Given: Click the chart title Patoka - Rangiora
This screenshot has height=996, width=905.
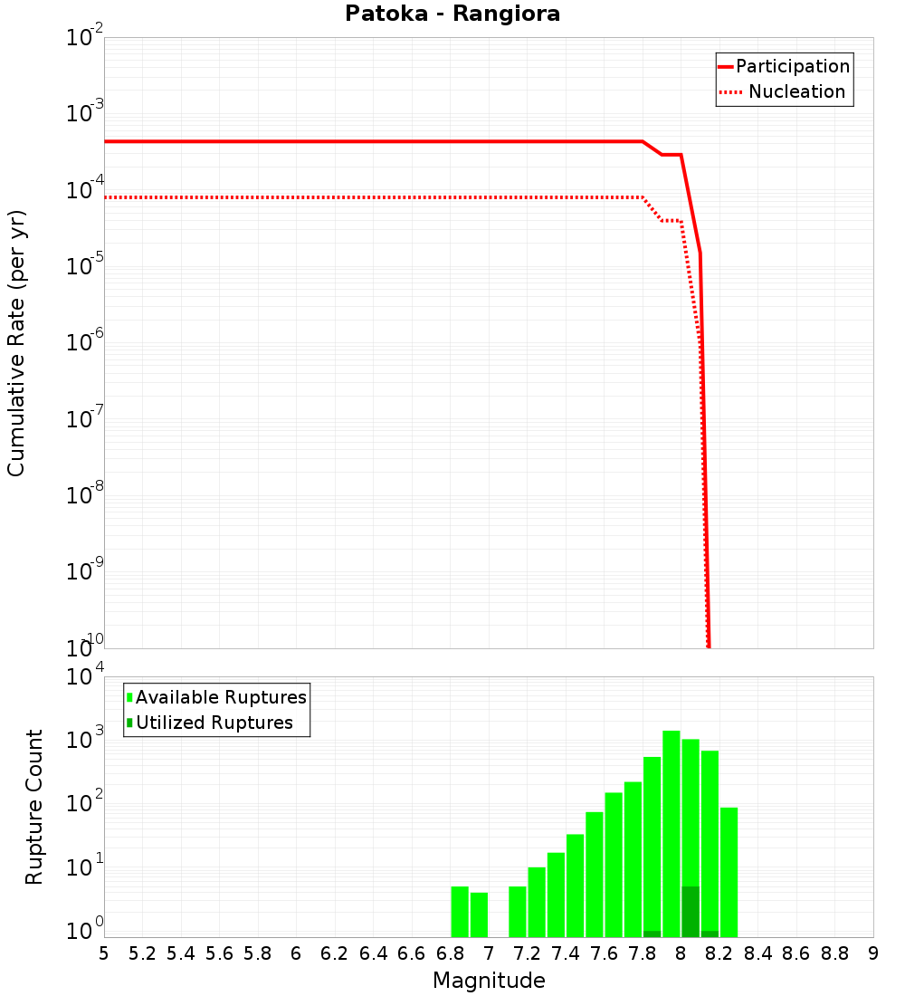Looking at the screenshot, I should click(x=452, y=14).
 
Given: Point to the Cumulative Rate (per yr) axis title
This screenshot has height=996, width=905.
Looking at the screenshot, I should click(x=16, y=342).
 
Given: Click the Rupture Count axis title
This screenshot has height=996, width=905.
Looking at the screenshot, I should click(x=34, y=806).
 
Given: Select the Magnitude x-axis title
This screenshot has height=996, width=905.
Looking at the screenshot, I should click(x=489, y=981).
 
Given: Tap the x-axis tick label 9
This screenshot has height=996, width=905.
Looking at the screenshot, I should click(x=872, y=953).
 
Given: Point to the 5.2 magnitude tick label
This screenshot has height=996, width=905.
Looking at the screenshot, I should click(x=142, y=953).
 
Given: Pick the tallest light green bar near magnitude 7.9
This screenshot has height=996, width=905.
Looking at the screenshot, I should click(x=671, y=833).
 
